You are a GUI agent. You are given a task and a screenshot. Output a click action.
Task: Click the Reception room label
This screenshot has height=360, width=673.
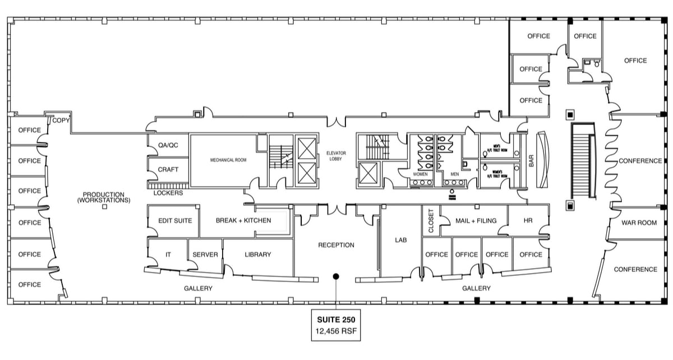click(x=336, y=245)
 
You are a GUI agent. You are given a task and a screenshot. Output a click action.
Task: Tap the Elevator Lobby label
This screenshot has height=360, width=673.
click(x=338, y=156)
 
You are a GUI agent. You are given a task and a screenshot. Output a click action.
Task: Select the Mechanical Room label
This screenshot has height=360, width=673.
click(x=228, y=160)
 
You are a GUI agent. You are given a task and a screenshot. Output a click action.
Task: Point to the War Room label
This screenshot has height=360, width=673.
click(x=639, y=223)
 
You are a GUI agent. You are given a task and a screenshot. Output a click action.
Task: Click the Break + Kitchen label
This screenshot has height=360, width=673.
click(x=243, y=220)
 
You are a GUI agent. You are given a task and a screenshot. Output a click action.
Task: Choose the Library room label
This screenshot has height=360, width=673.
click(x=258, y=255)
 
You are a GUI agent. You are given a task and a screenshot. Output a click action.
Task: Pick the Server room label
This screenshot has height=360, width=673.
click(x=205, y=255)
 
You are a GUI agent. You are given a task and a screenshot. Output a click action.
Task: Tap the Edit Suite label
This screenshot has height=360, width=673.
click(x=175, y=220)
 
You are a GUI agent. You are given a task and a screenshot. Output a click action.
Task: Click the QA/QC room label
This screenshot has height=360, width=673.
click(x=168, y=145)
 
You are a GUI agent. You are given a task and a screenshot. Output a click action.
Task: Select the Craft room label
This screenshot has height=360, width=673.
click(x=168, y=169)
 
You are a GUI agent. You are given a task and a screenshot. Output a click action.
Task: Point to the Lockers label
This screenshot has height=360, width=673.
click(x=168, y=193)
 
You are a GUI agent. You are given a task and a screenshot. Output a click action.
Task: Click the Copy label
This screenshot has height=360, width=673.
click(x=61, y=121)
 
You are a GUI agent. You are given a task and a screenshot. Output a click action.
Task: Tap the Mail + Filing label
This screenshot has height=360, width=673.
click(x=476, y=220)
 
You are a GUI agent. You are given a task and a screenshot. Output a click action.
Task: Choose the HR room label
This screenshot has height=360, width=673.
click(x=528, y=220)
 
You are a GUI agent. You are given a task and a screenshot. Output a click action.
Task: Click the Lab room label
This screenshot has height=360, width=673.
click(x=400, y=239)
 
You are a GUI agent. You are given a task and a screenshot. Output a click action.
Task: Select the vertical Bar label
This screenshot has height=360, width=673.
click(x=530, y=161)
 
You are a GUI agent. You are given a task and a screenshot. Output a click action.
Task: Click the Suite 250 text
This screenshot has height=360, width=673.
click(x=335, y=320)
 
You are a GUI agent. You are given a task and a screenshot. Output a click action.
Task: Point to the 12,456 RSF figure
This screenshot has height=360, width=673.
click(x=335, y=331)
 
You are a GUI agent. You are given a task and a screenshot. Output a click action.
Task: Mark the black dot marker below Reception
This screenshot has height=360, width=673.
click(x=336, y=276)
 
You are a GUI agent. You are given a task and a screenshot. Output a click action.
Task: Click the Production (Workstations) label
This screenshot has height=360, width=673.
click(x=104, y=197)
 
